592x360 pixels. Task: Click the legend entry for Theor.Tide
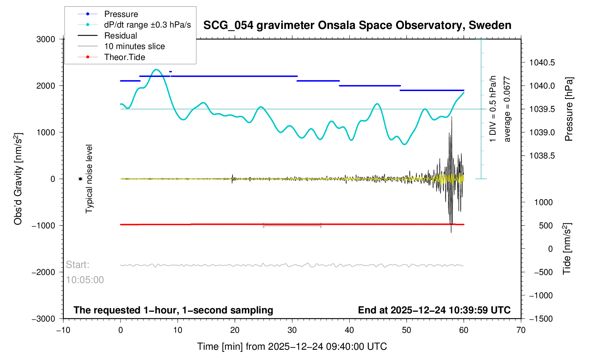point(124,57)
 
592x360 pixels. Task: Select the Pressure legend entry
point(121,14)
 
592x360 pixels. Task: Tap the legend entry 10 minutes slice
point(134,46)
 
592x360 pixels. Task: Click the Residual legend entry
point(120,36)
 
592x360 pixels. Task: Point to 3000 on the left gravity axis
point(46,39)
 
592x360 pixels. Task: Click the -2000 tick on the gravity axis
point(44,272)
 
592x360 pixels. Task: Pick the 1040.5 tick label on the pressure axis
point(542,63)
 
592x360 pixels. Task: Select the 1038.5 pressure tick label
point(542,156)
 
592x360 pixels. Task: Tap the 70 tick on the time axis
point(521,330)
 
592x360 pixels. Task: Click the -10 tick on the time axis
point(63,330)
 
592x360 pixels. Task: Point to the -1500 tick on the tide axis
point(540,319)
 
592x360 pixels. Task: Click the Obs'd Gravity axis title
point(18,179)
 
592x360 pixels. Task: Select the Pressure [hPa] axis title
point(569,109)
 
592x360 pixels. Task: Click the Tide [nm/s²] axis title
point(567,249)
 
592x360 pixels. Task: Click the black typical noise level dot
point(80,179)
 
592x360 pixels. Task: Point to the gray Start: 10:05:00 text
point(84,272)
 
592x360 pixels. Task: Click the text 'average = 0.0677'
point(507,109)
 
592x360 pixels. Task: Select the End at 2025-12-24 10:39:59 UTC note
point(434,310)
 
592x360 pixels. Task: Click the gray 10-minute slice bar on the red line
point(292,225)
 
